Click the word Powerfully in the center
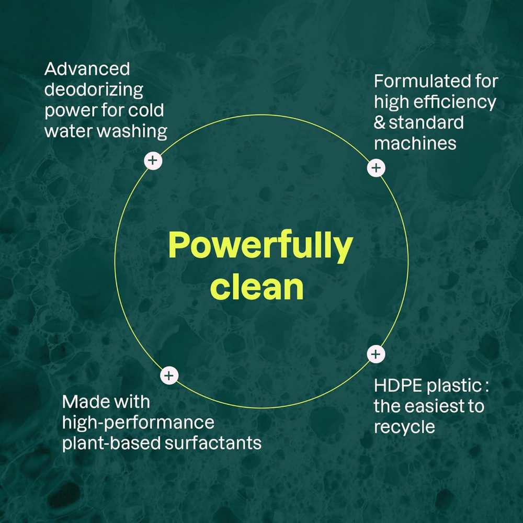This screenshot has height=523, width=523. coord(260,245)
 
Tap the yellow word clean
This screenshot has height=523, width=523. coord(257,287)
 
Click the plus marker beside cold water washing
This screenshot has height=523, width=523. coord(153,161)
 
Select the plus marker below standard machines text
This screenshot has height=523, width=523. coord(376,168)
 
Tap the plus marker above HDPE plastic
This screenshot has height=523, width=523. coord(376,354)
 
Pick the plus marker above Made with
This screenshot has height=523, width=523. coord(169,376)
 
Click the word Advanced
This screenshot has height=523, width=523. coord(87,69)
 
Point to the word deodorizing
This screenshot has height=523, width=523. coord(94,90)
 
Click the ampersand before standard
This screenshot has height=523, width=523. coord(380,123)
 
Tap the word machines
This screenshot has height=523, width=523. coord(415,143)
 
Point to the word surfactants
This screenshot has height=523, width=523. coord(213,443)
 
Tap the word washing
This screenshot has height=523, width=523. coord(132,131)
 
